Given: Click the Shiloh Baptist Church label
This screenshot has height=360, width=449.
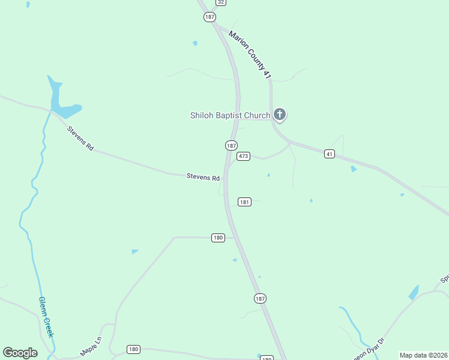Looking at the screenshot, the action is pyautogui.click(x=230, y=115).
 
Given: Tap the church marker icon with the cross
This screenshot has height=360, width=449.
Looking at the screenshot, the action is pyautogui.click(x=279, y=114).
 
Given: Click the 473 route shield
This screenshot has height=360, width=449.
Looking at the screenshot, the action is pyautogui.click(x=243, y=156).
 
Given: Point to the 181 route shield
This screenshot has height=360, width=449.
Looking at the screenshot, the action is pyautogui.click(x=244, y=202).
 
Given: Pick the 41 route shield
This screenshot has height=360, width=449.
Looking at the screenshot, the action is pyautogui.click(x=329, y=154).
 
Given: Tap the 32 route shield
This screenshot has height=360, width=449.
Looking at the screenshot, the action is pyautogui.click(x=221, y=2).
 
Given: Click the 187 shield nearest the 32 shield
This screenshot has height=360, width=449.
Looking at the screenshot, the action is pyautogui.click(x=209, y=17).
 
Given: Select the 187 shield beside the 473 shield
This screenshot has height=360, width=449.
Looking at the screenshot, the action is pyautogui.click(x=232, y=145).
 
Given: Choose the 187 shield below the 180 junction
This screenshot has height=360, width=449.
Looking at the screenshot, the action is pyautogui.click(x=259, y=298).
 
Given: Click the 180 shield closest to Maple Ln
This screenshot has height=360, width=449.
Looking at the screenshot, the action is pyautogui.click(x=133, y=349).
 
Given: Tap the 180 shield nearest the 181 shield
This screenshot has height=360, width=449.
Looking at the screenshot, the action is pyautogui.click(x=218, y=238).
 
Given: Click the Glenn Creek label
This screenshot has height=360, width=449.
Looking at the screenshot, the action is pyautogui.click(x=46, y=317).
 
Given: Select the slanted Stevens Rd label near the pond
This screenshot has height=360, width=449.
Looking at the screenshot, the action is pyautogui.click(x=80, y=138).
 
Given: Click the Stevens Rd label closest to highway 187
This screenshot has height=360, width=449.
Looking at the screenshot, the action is pyautogui.click(x=203, y=176).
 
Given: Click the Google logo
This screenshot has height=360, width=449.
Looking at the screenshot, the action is pyautogui.click(x=20, y=353).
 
